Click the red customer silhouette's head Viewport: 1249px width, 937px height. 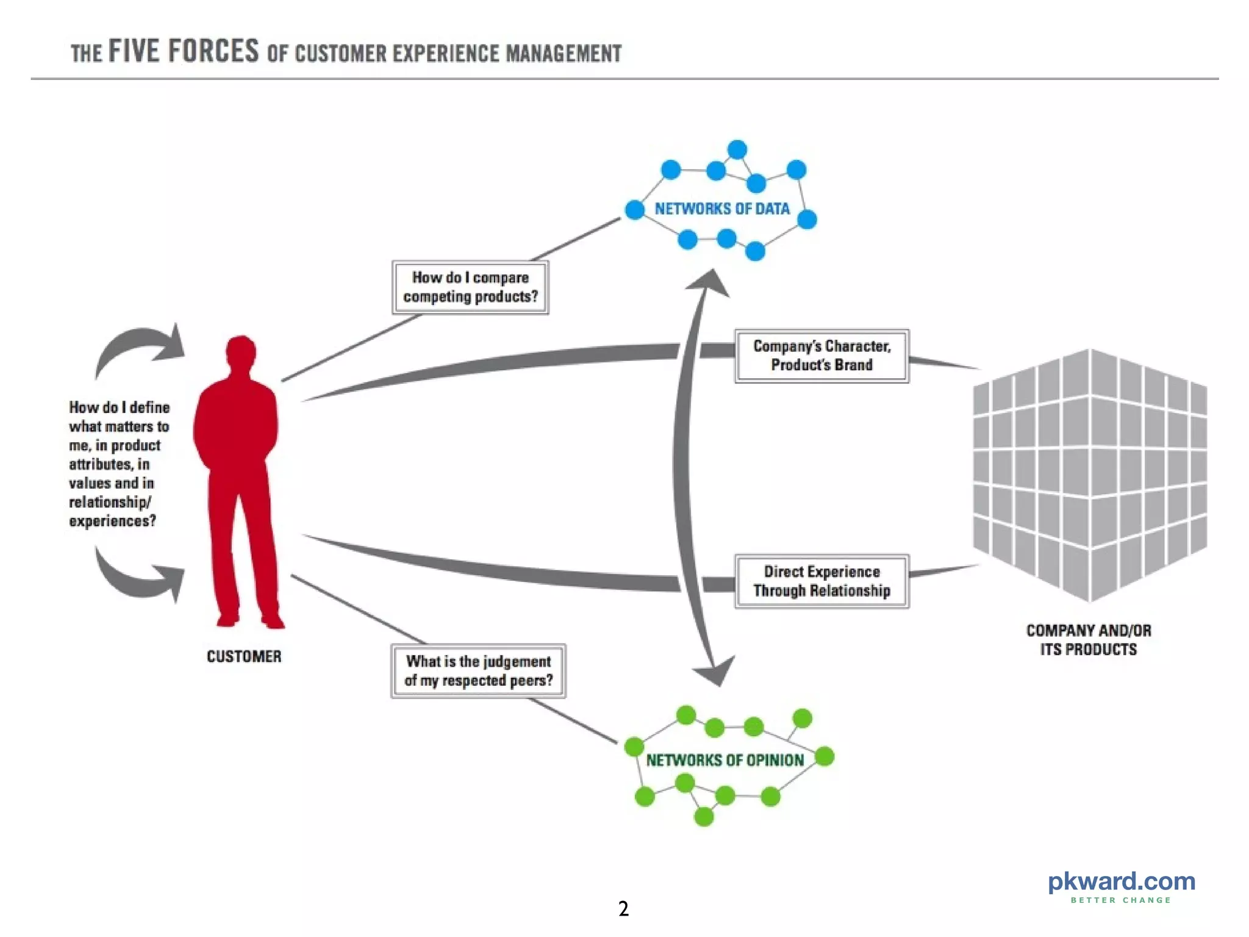[x=241, y=353]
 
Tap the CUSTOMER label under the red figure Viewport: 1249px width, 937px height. [x=244, y=656]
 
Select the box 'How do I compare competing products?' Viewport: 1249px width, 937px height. [x=470, y=287]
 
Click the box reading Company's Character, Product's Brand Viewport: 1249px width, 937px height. [x=821, y=356]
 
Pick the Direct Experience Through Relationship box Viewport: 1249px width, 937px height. [x=821, y=581]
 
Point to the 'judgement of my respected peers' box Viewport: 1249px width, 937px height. [x=478, y=671]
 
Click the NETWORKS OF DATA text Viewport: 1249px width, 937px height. [x=722, y=209]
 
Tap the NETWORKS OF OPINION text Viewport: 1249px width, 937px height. [x=725, y=760]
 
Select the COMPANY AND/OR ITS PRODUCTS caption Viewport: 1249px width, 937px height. [x=1089, y=640]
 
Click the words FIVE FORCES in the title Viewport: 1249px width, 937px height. [x=184, y=51]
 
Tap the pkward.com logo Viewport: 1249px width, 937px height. [x=1121, y=881]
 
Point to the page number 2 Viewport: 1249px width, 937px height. [x=623, y=909]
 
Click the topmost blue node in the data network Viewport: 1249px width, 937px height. [x=737, y=149]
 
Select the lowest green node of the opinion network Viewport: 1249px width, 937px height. [x=704, y=816]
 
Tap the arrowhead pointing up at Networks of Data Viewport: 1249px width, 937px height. [x=710, y=284]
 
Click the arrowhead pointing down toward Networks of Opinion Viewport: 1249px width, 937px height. [x=717, y=671]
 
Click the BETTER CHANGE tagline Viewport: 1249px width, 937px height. [x=1121, y=900]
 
